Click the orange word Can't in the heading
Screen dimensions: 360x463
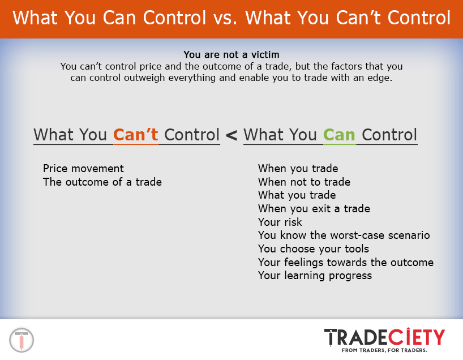135,135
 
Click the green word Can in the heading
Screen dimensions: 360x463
339,135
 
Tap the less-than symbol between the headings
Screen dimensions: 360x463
231,136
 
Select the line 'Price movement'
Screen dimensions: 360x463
83,169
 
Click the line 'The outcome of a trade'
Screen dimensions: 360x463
102,182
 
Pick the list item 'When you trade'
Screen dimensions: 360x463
298,169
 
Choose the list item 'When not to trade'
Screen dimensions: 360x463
304,182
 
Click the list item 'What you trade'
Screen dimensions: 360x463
297,195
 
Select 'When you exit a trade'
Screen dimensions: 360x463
314,209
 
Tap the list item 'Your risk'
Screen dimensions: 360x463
280,222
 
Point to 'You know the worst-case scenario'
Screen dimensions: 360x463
344,235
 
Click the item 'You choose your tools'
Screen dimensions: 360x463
313,249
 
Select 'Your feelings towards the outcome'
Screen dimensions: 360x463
345,263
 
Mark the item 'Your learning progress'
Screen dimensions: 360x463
315,276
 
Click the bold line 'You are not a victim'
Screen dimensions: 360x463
231,55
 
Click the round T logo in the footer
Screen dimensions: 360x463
22,340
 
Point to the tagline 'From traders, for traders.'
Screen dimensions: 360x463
384,350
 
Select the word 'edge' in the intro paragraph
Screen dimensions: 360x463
378,78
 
